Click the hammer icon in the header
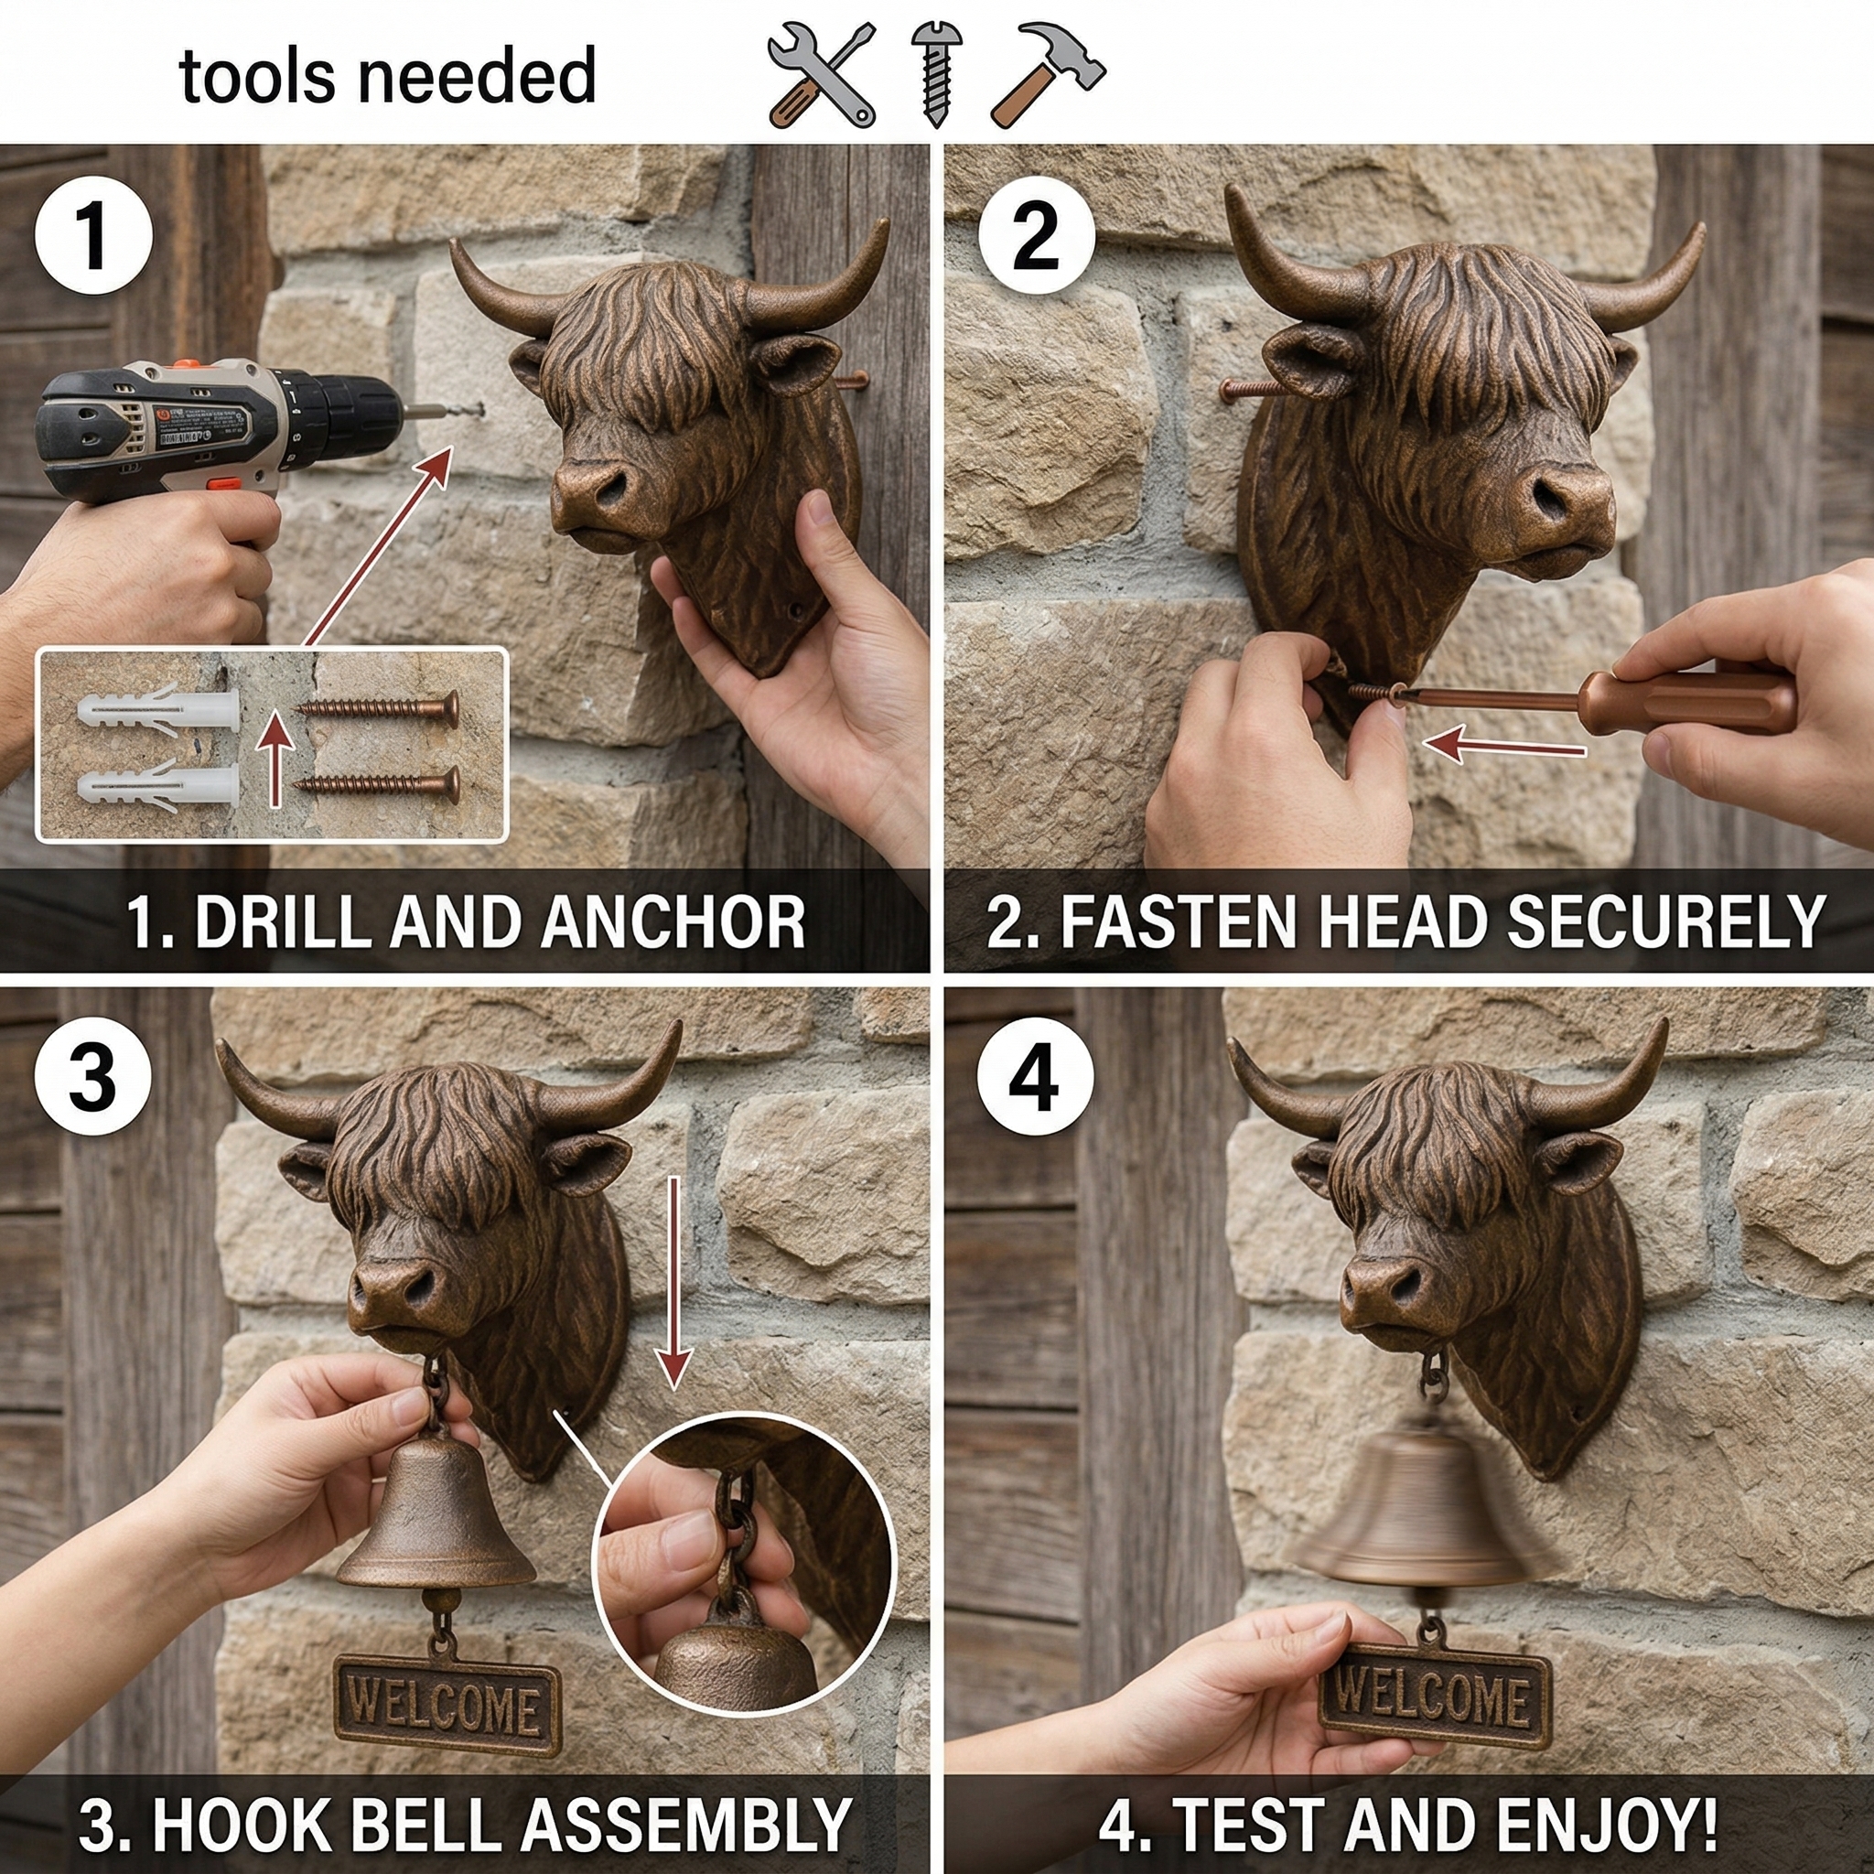tap(1048, 75)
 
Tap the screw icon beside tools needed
tap(935, 76)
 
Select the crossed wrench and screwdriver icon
tap(821, 76)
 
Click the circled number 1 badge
tap(93, 236)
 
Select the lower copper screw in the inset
tap(378, 785)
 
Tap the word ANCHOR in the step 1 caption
tap(673, 922)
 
